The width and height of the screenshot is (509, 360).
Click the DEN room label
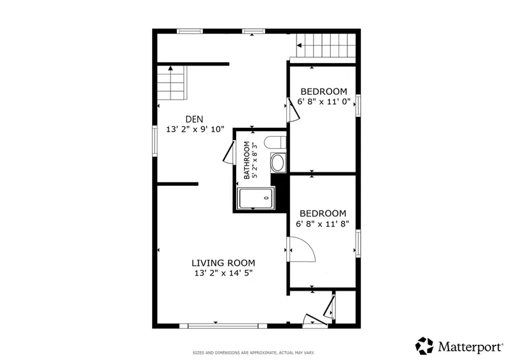tap(195, 119)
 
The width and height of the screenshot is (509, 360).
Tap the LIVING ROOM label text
tap(223, 263)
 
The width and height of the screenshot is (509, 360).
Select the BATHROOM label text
tap(247, 160)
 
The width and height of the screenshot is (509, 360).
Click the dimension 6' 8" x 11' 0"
tap(324, 102)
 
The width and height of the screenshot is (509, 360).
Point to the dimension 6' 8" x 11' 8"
tap(323, 224)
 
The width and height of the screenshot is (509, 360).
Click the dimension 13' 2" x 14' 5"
tap(223, 273)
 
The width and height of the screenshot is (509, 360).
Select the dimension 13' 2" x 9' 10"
tap(195, 129)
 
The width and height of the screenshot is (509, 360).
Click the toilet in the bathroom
tap(275, 142)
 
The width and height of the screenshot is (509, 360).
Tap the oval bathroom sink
tap(278, 163)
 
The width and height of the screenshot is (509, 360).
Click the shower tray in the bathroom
tap(256, 198)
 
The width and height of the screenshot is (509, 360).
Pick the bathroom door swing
tap(229, 152)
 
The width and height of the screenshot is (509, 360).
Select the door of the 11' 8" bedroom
tap(301, 249)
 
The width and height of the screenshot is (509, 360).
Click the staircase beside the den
tap(172, 83)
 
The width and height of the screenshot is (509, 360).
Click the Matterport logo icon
tap(424, 346)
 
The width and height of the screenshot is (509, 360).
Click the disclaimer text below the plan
tap(253, 352)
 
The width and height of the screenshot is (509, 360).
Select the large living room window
tap(223, 326)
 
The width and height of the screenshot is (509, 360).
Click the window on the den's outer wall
tap(155, 141)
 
